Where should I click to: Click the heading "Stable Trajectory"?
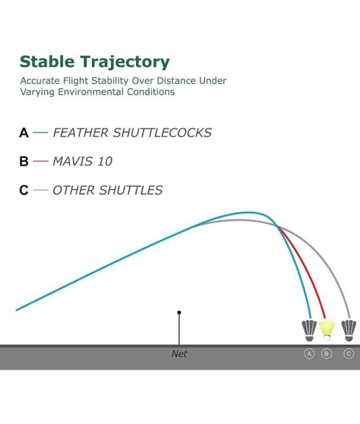(x=95, y=62)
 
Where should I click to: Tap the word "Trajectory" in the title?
(x=125, y=62)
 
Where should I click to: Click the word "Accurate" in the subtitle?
(x=40, y=80)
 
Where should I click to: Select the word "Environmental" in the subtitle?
(x=91, y=92)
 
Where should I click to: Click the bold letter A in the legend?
(x=24, y=133)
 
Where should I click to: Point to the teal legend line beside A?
(x=40, y=133)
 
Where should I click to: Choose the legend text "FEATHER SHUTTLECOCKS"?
(x=132, y=133)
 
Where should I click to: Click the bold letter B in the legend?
(x=24, y=161)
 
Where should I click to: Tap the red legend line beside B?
(x=40, y=161)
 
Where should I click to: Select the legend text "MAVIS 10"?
(x=82, y=161)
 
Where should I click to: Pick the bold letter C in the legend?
(x=24, y=190)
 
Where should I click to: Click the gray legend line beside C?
(x=40, y=190)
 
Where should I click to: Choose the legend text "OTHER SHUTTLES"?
(x=108, y=190)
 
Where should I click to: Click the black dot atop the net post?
(x=179, y=313)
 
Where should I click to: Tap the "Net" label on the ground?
(x=179, y=354)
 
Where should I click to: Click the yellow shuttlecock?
(x=327, y=330)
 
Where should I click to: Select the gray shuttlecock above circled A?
(x=309, y=331)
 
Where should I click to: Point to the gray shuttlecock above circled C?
(x=349, y=331)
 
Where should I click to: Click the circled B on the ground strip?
(x=326, y=354)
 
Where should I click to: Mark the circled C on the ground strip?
(x=349, y=354)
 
